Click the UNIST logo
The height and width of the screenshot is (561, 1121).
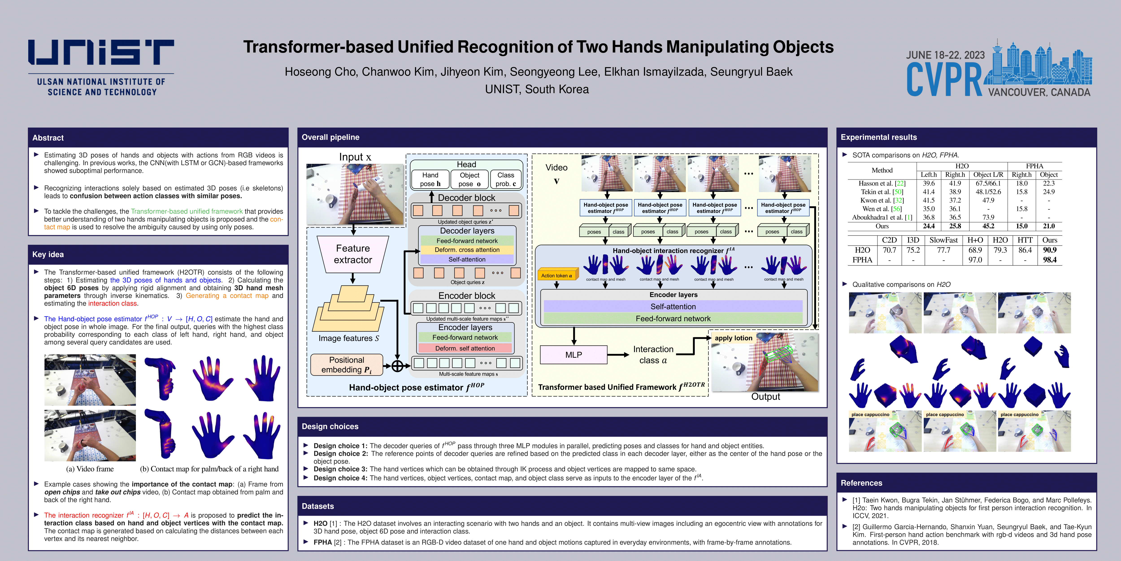[101, 68]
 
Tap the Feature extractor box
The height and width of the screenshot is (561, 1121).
[353, 254]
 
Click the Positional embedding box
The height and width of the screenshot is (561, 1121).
[346, 365]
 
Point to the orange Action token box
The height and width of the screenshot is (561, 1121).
[557, 275]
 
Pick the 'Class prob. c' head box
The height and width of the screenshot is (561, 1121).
[506, 179]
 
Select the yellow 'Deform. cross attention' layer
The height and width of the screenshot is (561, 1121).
[467, 250]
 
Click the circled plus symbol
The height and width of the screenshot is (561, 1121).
[397, 366]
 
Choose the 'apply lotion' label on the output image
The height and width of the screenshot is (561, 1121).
[733, 338]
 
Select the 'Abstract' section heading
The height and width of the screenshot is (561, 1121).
[48, 138]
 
